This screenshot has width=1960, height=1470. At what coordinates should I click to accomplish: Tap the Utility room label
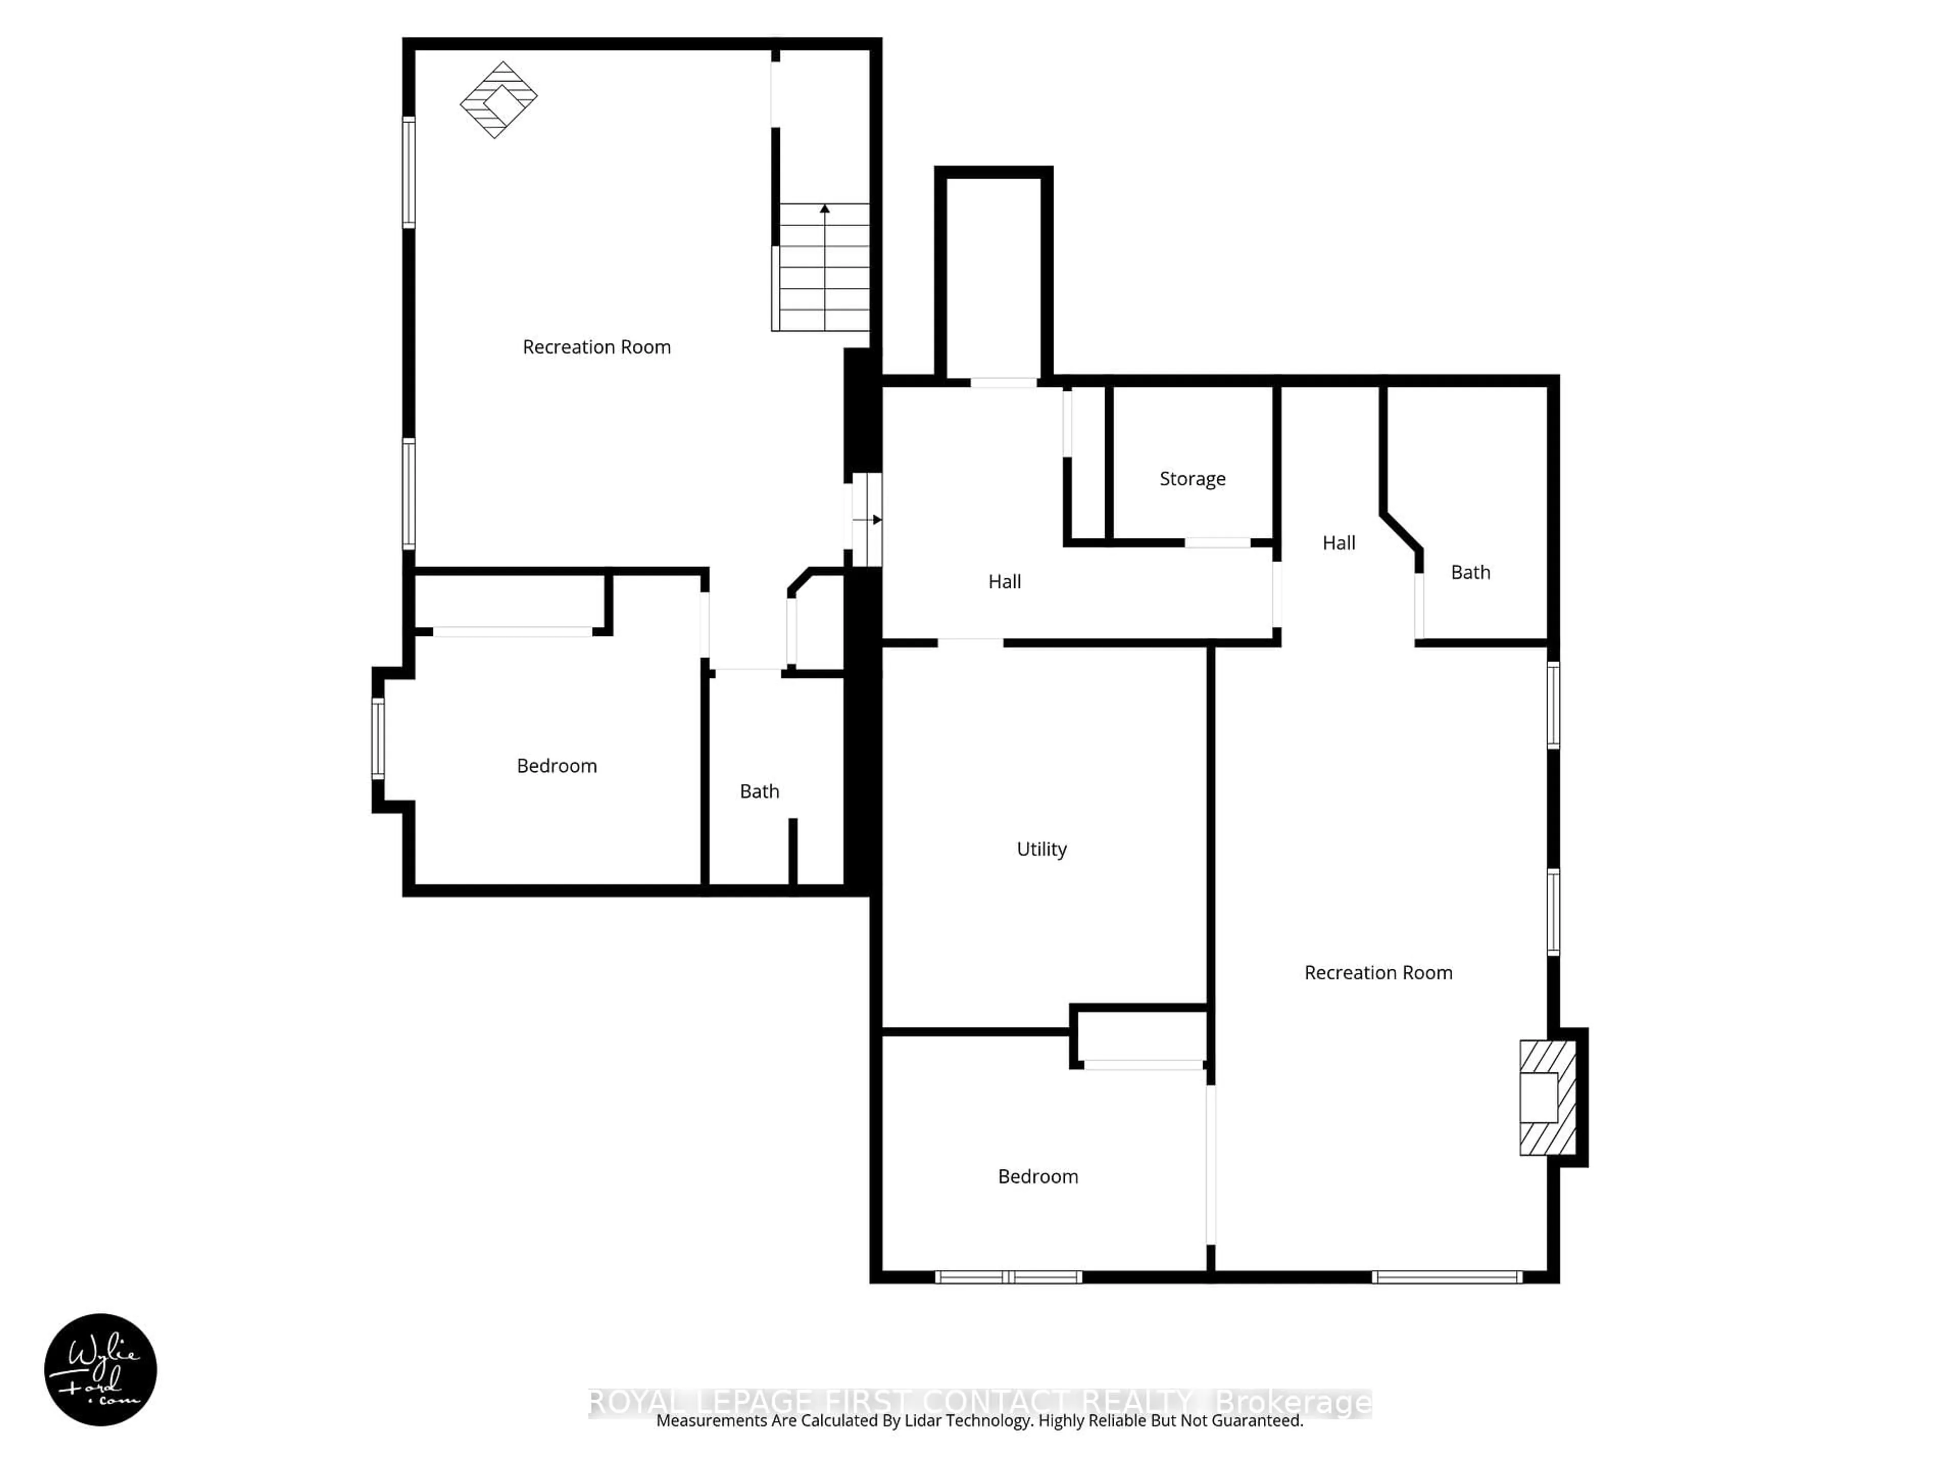point(1041,849)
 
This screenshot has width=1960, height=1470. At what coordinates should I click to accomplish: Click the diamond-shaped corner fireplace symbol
point(499,99)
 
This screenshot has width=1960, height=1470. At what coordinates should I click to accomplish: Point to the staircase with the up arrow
point(823,267)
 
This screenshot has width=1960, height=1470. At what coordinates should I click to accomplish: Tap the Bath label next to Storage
point(1470,572)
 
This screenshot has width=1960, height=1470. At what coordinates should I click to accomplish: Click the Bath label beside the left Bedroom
point(759,791)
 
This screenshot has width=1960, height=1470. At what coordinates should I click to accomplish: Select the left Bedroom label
point(556,766)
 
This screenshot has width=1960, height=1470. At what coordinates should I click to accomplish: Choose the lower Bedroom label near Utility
point(1038,1177)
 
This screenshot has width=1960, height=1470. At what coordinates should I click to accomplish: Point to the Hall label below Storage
point(1005,581)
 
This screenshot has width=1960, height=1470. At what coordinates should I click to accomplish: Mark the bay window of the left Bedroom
point(378,739)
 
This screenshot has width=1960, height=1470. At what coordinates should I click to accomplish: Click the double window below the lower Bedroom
point(1009,1277)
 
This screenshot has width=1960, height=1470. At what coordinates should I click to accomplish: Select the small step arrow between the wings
point(868,520)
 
